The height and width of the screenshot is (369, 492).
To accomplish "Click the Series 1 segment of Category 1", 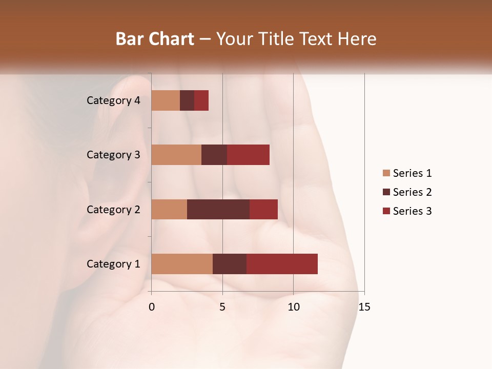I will [x=182, y=264].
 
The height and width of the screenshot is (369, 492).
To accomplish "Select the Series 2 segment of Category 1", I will [x=230, y=264].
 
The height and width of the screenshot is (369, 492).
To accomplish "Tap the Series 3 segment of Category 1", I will [x=282, y=264].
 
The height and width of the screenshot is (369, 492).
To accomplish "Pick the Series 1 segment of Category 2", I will [x=169, y=209].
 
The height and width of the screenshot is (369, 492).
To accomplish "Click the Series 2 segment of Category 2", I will [x=218, y=209].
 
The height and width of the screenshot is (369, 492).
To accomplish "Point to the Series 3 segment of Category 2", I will [x=263, y=209].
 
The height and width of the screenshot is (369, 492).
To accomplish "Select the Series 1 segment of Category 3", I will [x=176, y=155].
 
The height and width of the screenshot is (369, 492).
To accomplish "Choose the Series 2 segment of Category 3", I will [x=214, y=155].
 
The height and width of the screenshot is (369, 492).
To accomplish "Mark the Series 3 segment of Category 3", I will [x=248, y=155].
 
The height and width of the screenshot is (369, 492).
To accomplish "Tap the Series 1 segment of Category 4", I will [x=166, y=100].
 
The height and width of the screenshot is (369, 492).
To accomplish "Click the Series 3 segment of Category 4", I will [x=201, y=100].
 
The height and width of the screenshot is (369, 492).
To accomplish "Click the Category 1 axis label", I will [x=113, y=264].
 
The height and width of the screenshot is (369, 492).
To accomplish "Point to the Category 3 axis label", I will [x=113, y=155].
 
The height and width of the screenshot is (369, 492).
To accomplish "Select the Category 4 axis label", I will [x=113, y=100].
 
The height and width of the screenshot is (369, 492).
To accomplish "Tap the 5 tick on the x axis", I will [x=222, y=307].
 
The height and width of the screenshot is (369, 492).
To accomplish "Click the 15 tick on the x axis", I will [x=364, y=307].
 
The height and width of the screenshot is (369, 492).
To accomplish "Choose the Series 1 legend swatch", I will [x=386, y=173].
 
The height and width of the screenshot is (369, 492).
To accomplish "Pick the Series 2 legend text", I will [x=412, y=192].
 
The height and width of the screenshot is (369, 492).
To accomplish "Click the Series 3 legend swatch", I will [x=386, y=211].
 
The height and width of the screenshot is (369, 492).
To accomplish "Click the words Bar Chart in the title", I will [x=155, y=39].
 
